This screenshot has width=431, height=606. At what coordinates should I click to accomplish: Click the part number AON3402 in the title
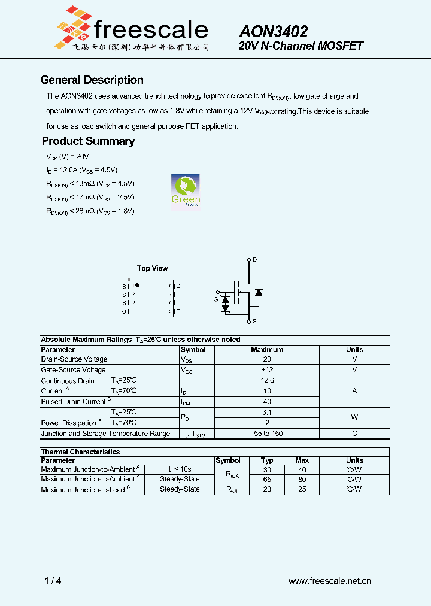[274, 31]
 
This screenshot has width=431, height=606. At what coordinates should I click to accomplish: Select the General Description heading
[92, 80]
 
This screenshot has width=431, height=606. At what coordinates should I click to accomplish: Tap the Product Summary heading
[88, 141]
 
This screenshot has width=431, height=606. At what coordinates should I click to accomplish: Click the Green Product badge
[186, 192]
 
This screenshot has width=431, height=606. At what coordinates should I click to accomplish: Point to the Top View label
[152, 268]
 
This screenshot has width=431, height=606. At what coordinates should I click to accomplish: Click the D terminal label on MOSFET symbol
[255, 259]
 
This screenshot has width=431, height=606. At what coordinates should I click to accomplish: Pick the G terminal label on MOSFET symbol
[216, 299]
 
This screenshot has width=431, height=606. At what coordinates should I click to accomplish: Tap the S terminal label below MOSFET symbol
[255, 322]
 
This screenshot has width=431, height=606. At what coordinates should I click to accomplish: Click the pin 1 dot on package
[137, 286]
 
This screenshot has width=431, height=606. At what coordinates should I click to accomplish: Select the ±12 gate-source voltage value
[267, 370]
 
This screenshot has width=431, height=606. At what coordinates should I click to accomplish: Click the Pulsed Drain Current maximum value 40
[267, 402]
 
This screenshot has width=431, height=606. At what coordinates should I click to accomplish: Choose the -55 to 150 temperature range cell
[267, 434]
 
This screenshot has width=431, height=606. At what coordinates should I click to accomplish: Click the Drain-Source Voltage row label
[74, 359]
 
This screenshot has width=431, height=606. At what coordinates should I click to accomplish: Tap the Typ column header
[267, 460]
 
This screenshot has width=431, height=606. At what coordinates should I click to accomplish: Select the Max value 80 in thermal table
[302, 480]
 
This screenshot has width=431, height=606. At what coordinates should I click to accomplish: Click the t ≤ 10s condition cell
[180, 470]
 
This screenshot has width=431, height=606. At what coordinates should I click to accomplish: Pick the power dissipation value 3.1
[267, 412]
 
